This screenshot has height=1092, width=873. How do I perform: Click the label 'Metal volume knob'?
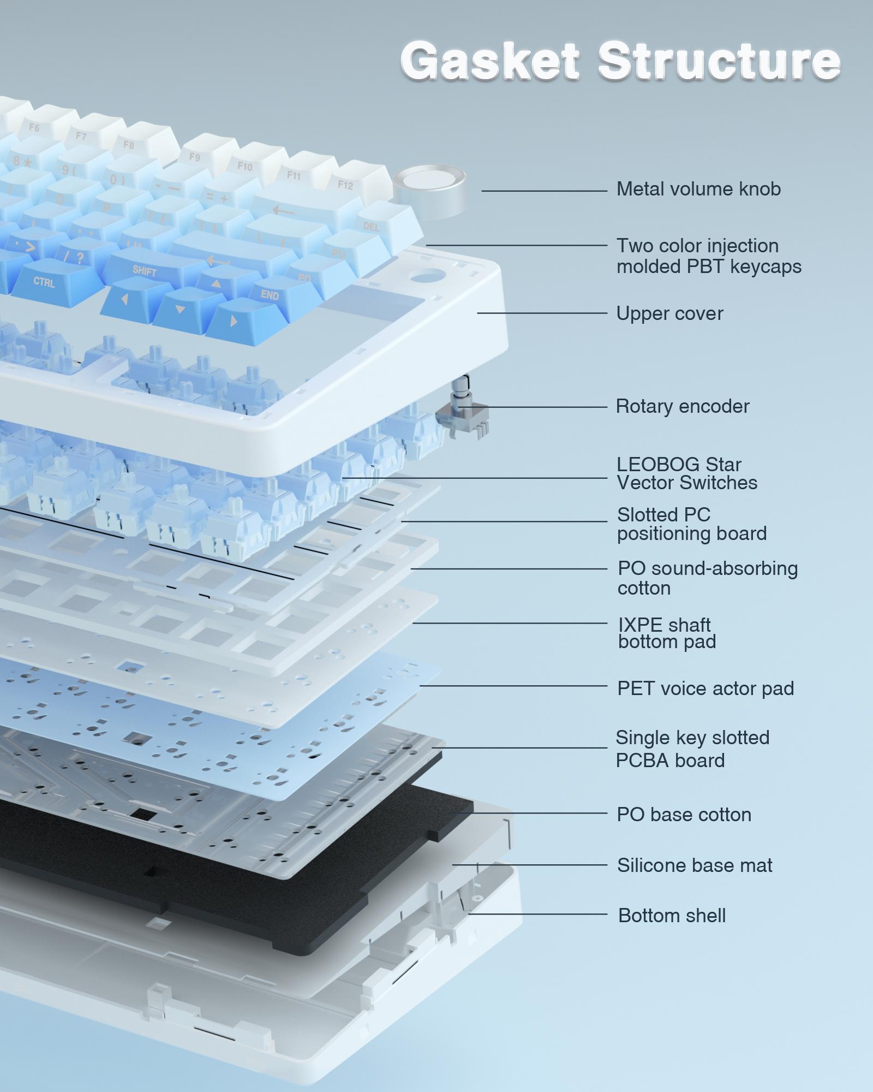(698, 189)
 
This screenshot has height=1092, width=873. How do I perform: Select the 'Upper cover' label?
(669, 313)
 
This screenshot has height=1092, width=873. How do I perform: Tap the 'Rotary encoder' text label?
(683, 406)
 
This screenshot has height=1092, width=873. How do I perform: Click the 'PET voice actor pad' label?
(705, 689)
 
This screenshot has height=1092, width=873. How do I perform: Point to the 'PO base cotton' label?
(684, 815)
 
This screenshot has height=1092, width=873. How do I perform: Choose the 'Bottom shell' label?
(672, 916)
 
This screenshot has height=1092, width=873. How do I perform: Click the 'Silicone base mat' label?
(695, 865)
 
